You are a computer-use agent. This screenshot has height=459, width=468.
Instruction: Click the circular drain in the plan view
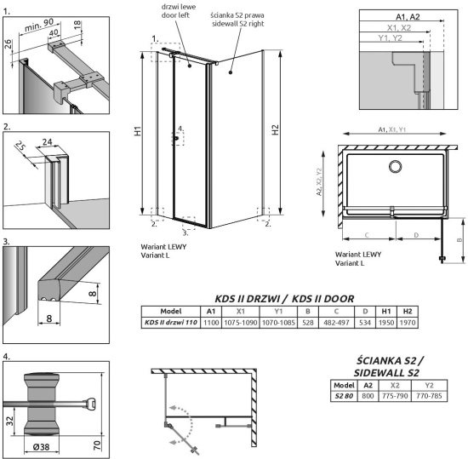pyautogui.click(x=395, y=164)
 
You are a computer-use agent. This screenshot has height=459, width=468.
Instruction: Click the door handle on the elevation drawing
pyautogui.click(x=179, y=138)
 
